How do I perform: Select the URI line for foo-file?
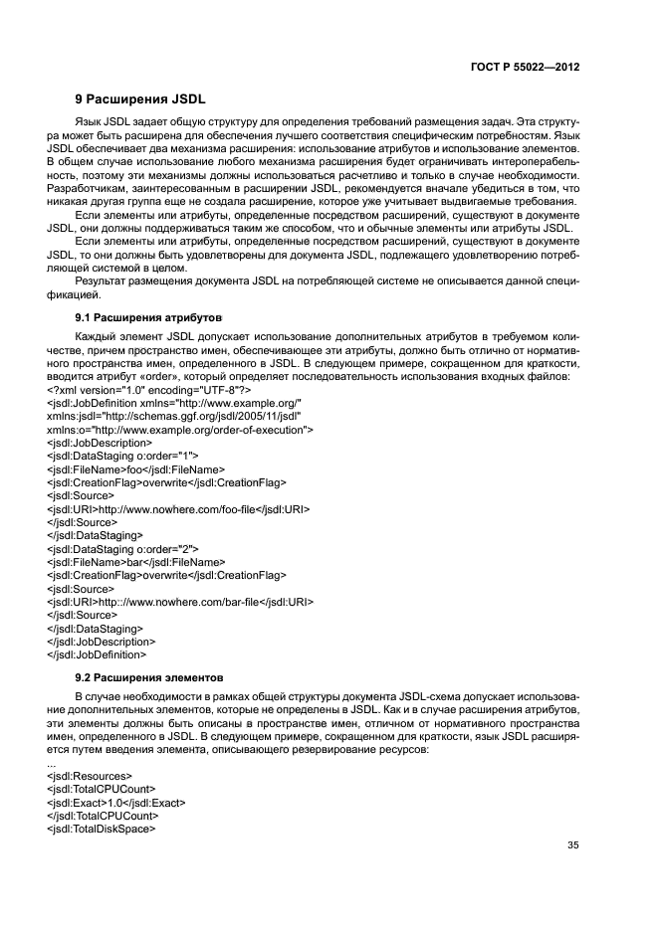coord(178,508)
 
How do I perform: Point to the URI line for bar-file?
coord(180,602)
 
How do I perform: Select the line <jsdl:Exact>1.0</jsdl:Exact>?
coord(115,802)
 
